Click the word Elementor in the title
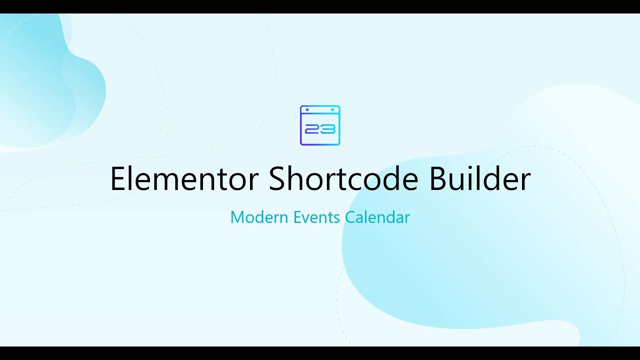point(184,178)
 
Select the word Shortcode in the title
point(343,178)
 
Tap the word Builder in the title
point(480,178)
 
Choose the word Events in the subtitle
point(316,217)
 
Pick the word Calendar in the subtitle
point(377,217)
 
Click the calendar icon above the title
point(320,125)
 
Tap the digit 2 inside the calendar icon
point(312,129)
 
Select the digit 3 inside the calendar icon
point(328,129)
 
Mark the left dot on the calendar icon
point(307,109)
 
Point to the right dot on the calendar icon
point(332,109)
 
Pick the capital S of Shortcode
point(277,178)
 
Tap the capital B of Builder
point(438,178)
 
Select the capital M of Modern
point(237,217)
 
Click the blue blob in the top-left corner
point(43,83)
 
